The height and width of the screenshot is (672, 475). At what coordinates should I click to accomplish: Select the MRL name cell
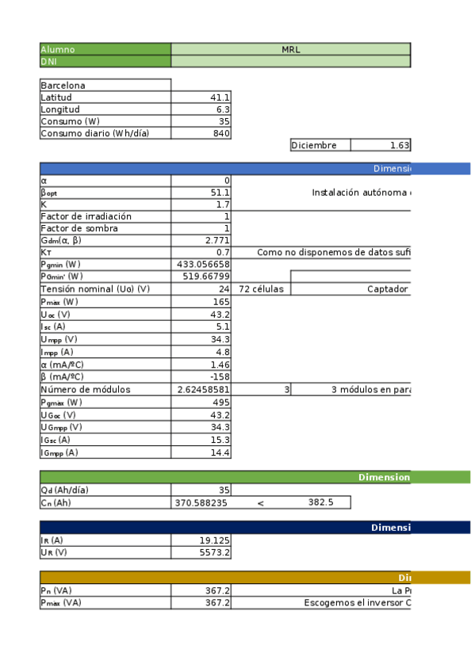click(290, 49)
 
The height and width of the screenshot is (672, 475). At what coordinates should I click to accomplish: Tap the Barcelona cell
click(63, 85)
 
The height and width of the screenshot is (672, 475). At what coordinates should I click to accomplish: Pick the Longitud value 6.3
click(223, 109)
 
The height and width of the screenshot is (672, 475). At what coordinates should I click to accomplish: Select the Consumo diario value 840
click(220, 133)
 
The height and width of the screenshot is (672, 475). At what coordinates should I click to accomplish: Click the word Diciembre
click(315, 145)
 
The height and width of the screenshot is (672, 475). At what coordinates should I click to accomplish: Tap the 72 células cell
click(261, 288)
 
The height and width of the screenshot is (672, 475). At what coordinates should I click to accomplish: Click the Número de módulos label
click(86, 389)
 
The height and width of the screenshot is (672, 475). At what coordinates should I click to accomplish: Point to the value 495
click(220, 402)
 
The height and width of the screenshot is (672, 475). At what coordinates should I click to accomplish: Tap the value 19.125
click(214, 540)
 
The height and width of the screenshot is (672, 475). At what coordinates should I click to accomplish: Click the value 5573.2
click(215, 552)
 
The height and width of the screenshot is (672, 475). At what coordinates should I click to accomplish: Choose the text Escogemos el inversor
click(357, 602)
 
